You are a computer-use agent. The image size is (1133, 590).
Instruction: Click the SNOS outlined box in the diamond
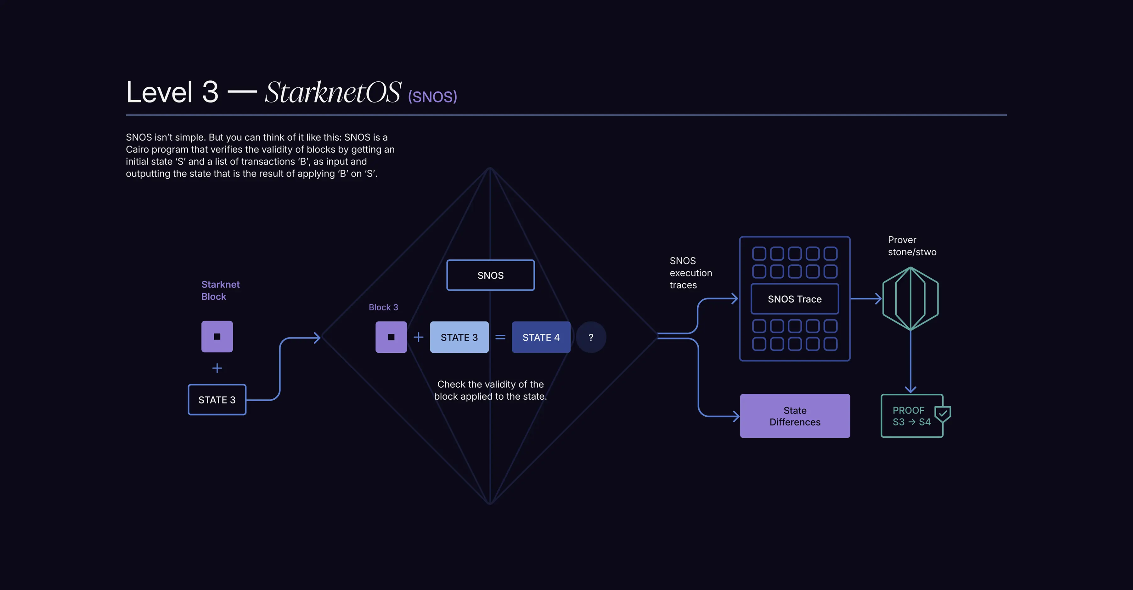(490, 275)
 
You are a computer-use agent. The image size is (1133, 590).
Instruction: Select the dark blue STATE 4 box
(541, 337)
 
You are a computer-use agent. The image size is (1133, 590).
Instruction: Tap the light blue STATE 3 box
(459, 337)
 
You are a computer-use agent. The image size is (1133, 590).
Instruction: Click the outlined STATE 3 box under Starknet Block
(217, 400)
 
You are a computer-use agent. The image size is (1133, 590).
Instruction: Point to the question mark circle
(591, 337)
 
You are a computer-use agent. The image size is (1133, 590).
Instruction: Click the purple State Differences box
(795, 416)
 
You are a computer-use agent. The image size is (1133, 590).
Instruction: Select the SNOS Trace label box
(794, 299)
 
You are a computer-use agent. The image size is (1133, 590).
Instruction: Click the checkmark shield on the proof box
(943, 414)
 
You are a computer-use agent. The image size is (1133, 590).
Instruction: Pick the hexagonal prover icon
(910, 298)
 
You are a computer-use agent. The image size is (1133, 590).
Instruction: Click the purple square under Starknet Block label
(217, 336)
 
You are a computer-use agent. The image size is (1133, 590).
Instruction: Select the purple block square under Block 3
(391, 337)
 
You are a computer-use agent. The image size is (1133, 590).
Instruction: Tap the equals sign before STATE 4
(500, 337)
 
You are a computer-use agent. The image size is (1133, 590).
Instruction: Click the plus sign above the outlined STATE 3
(217, 368)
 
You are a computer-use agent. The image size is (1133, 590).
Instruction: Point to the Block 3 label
(383, 307)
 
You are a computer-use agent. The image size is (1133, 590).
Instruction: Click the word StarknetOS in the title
(333, 92)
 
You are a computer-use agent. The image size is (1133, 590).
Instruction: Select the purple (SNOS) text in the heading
(432, 97)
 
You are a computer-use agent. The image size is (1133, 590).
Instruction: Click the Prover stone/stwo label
(912, 246)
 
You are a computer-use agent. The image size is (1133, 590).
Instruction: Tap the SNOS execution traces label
(691, 273)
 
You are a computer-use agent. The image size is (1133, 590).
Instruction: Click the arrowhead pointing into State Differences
(736, 416)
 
